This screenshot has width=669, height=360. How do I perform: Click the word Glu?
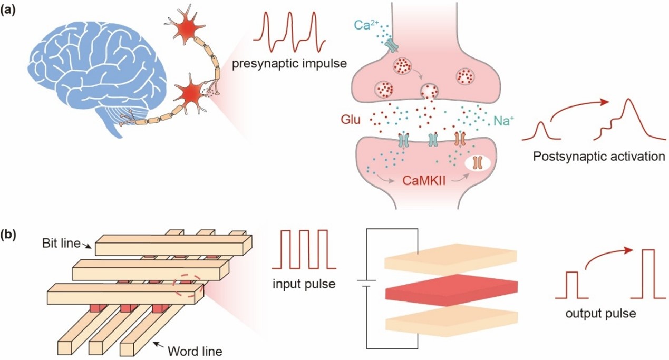(x=351, y=120)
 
